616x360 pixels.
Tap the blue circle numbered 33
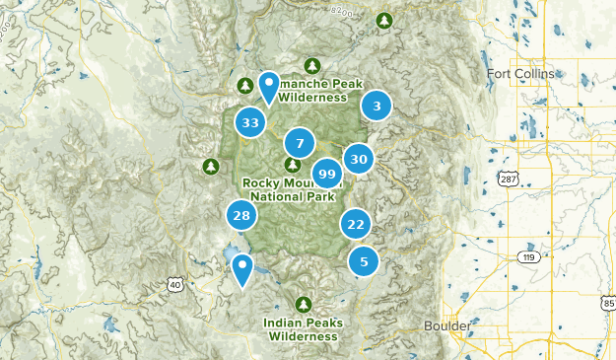click(x=250, y=123)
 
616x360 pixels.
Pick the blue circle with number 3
click(x=376, y=106)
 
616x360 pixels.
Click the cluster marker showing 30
click(x=359, y=159)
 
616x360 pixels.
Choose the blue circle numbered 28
click(x=241, y=215)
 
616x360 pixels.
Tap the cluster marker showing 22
click(x=356, y=224)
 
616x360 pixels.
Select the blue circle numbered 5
click(x=364, y=261)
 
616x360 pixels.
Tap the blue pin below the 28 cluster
click(x=240, y=269)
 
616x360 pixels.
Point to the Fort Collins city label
click(x=520, y=74)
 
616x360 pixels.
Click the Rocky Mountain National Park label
click(x=293, y=188)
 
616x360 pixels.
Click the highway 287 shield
click(x=509, y=180)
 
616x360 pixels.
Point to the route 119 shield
click(x=529, y=257)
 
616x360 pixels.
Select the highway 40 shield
click(x=175, y=284)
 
